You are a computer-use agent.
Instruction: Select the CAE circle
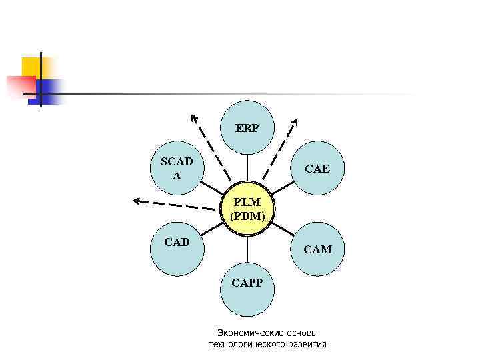point(317,169)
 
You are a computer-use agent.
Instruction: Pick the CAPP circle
point(247,288)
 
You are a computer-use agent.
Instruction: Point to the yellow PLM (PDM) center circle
point(247,209)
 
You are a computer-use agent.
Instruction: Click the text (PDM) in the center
point(247,216)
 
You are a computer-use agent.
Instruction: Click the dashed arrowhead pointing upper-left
point(194,118)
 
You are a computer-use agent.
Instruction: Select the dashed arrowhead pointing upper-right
point(295,121)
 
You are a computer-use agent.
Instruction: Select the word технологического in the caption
point(247,344)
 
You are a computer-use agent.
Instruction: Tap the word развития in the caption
point(307,344)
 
